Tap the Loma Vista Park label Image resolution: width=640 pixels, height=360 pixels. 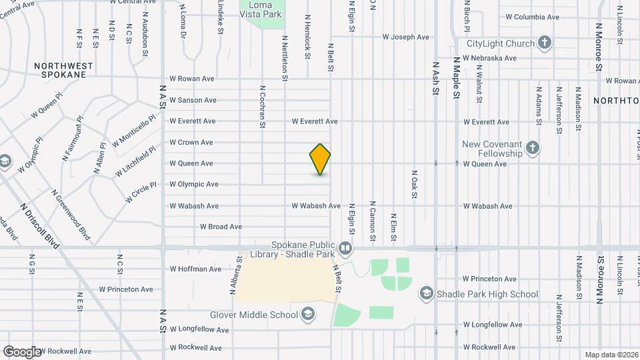pos(262,7)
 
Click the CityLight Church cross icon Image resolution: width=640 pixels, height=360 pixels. pos(545,44)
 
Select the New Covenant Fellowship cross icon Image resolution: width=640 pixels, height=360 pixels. pos(532,148)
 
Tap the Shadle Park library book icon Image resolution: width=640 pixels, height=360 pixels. pos(345,249)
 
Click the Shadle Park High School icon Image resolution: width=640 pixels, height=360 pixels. pos(426,294)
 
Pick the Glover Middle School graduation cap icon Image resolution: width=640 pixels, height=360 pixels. pos(309,313)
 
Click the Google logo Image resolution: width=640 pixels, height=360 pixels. pos(21,351)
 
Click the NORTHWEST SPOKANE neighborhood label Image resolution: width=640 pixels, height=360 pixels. pos(61,70)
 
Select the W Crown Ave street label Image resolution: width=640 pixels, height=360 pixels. pos(191,142)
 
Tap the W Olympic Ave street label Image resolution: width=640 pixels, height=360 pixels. pos(193,184)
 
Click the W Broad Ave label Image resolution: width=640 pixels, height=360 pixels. pos(221,227)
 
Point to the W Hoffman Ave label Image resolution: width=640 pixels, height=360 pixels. pos(195,269)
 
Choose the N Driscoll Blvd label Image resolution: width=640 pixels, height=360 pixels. pos(40,227)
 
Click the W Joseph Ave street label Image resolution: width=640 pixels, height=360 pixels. pos(405,37)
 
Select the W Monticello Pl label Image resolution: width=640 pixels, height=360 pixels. pos(134,130)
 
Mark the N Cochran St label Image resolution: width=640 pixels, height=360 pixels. pos(263,106)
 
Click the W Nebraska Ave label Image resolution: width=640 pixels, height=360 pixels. pos(493,58)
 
